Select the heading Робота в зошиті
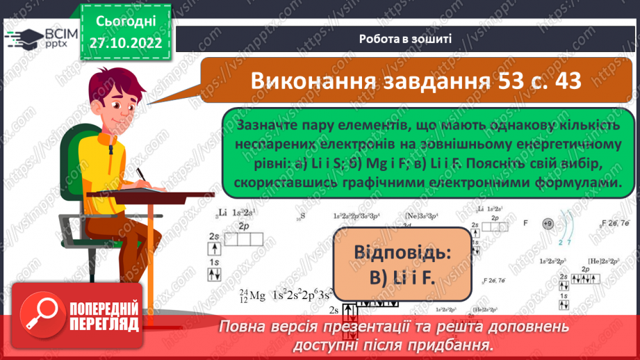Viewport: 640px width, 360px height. point(406,39)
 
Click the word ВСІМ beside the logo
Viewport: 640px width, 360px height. point(61,34)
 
